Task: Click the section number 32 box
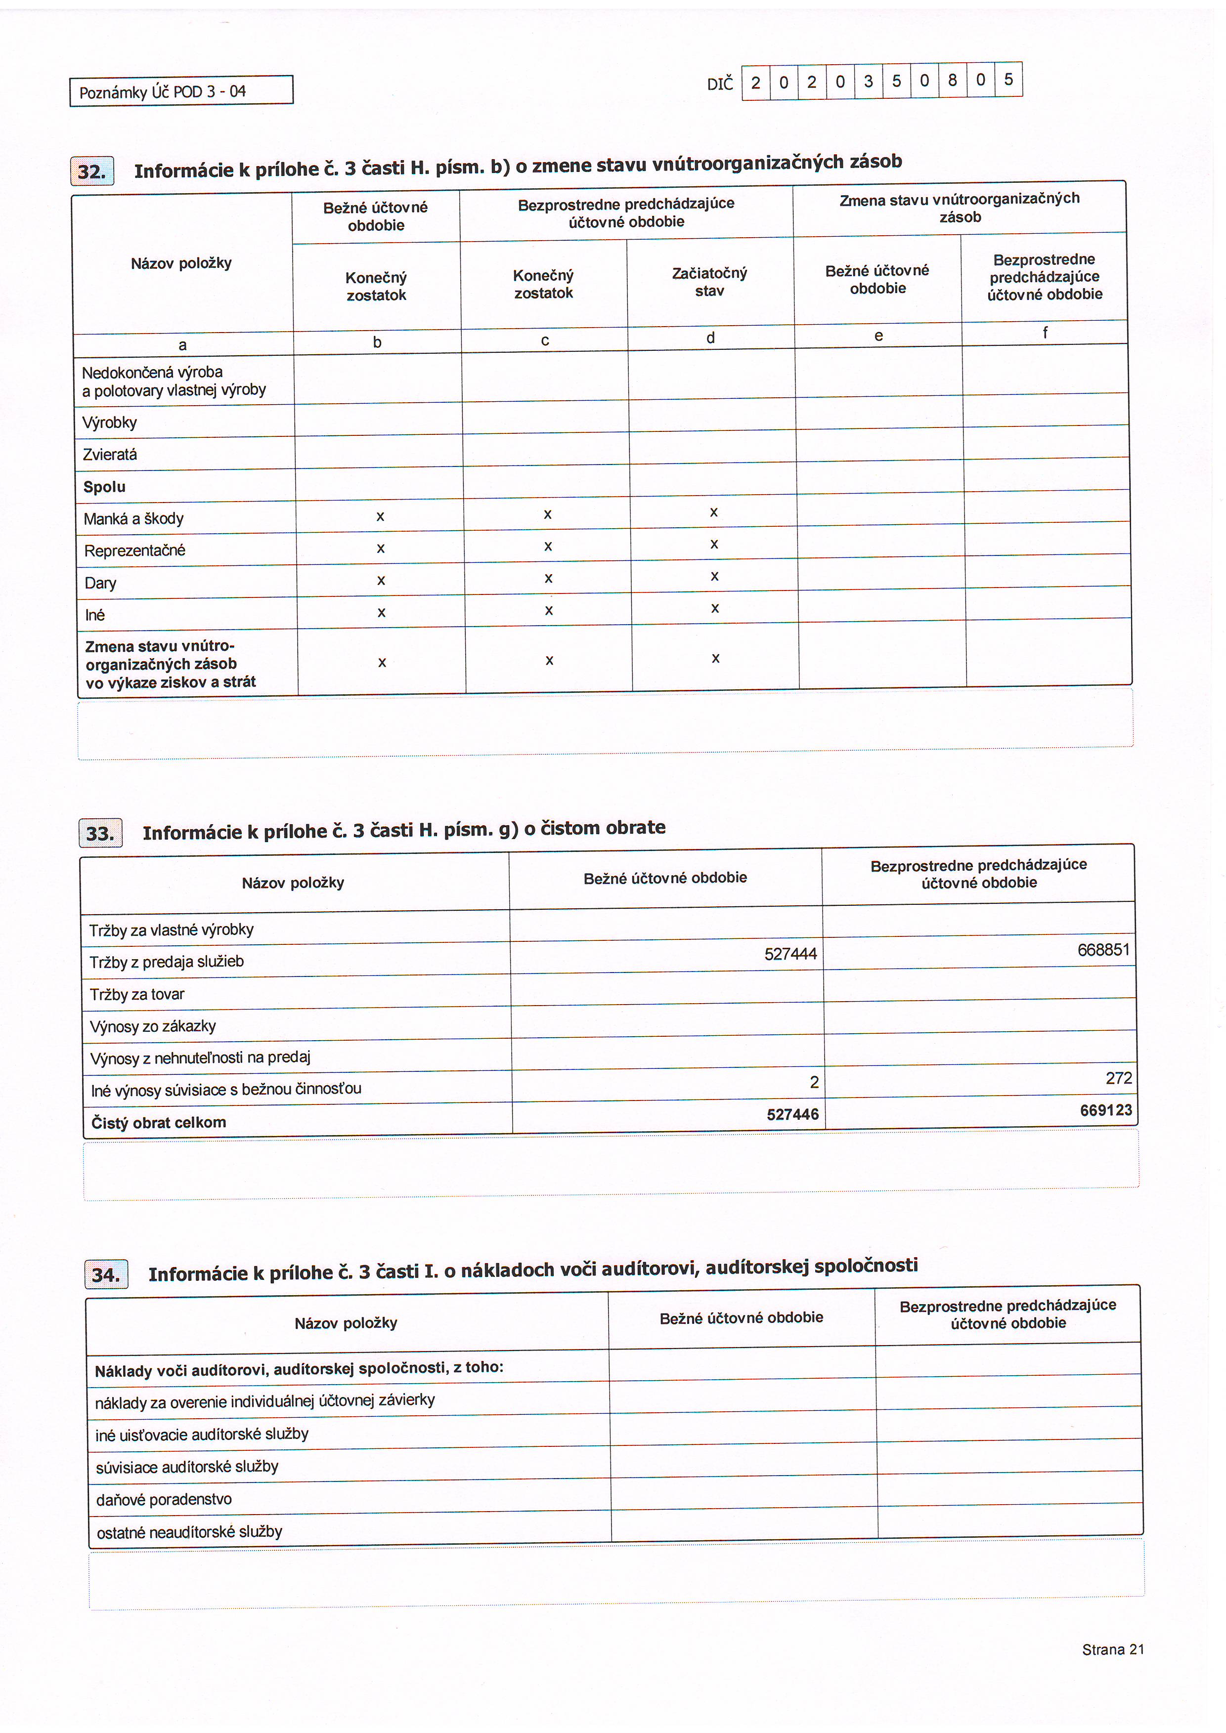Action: pos(92,171)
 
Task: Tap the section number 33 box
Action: pos(100,833)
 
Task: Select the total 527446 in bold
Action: pos(792,1114)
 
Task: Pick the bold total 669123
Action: pos(1105,1110)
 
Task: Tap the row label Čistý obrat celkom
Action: pos(159,1122)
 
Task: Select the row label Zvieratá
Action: pos(110,455)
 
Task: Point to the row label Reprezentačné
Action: pos(134,550)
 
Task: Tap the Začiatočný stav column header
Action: pos(709,282)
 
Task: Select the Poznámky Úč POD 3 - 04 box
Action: pos(181,91)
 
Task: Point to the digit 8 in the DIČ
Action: pos(952,80)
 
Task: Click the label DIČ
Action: pos(719,84)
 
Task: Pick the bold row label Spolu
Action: pos(104,487)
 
